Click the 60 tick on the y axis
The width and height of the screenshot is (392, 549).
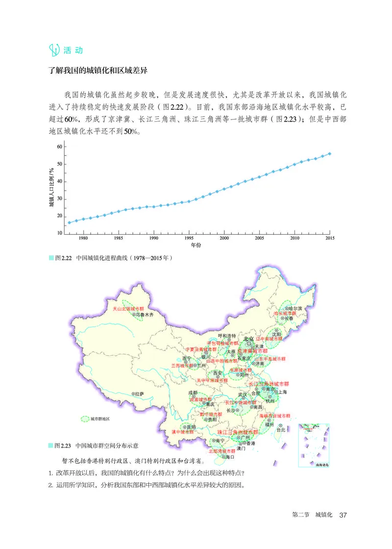pyautogui.click(x=59, y=147)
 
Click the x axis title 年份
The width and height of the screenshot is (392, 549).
pyautogui.click(x=196, y=244)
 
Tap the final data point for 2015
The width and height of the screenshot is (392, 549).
pyautogui.click(x=330, y=153)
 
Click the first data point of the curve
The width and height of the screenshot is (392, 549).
pyautogui.click(x=69, y=223)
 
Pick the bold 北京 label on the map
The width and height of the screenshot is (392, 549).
pyautogui.click(x=249, y=339)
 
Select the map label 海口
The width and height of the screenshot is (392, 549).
pyautogui.click(x=229, y=457)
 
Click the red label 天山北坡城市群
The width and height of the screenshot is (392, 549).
pyautogui.click(x=125, y=309)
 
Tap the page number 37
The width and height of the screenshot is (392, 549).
pyautogui.click(x=343, y=515)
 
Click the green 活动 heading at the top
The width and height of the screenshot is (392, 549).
pyautogui.click(x=73, y=50)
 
